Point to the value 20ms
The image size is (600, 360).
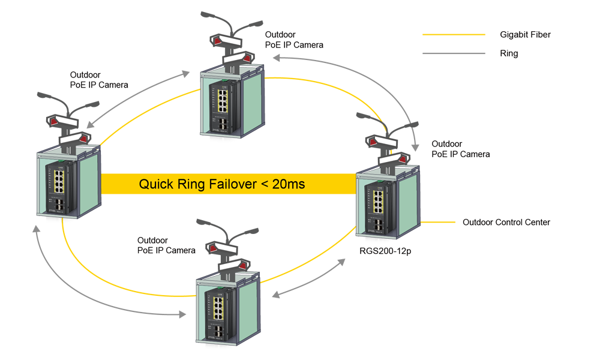pyautogui.click(x=288, y=184)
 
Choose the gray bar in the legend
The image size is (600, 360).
pyautogui.click(x=454, y=53)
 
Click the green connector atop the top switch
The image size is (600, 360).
pyautogui.click(x=222, y=80)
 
